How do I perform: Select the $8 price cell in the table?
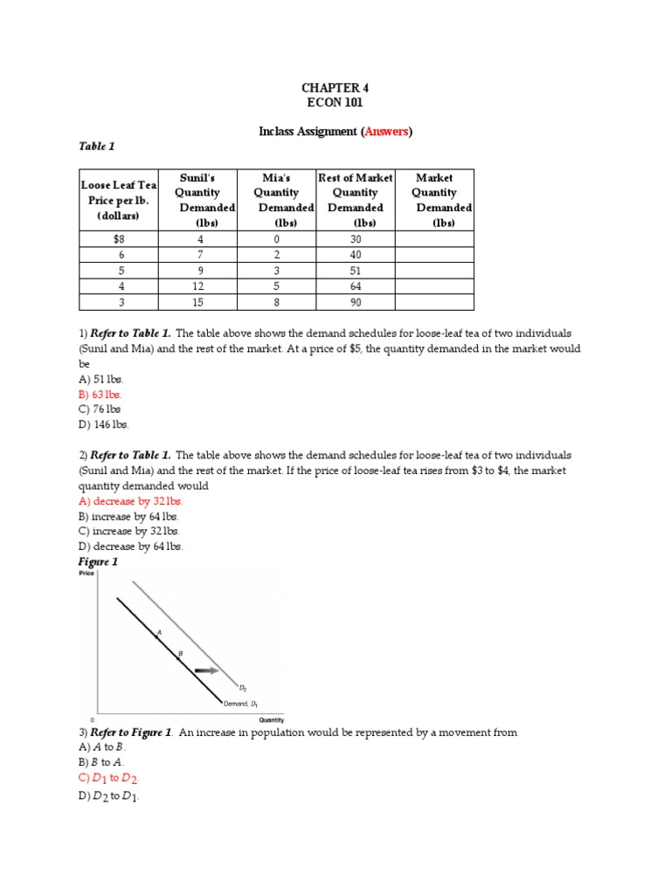pos(118,239)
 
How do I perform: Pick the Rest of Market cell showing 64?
pos(355,286)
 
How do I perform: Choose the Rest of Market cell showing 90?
pos(355,302)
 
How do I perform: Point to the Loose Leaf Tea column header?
pos(118,199)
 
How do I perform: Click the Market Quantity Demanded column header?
pos(434,199)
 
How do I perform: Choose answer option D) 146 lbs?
pos(103,424)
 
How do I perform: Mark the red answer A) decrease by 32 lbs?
pos(131,501)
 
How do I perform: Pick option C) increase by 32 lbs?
pos(129,531)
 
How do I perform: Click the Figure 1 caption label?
pos(98,561)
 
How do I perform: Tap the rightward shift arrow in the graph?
pos(207,670)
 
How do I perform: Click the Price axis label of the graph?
pos(86,573)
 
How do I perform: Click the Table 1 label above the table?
pos(97,146)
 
